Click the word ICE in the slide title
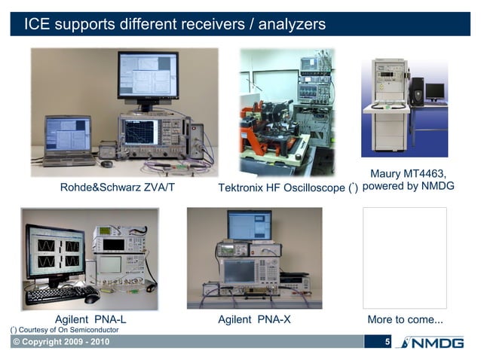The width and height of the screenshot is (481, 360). pyautogui.click(x=37, y=24)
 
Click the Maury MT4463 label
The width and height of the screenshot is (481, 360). pyautogui.click(x=408, y=175)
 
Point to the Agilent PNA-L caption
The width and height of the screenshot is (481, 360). pyautogui.click(x=90, y=319)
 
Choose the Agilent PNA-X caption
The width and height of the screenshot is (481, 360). pyautogui.click(x=254, y=319)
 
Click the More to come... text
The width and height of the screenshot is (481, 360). pyautogui.click(x=405, y=319)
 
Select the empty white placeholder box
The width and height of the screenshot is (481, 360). pyautogui.click(x=405, y=258)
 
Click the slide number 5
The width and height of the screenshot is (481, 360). pyautogui.click(x=388, y=343)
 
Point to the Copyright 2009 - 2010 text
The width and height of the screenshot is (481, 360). pyautogui.click(x=60, y=343)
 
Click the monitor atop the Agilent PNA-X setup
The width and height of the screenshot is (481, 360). pyautogui.click(x=250, y=224)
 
